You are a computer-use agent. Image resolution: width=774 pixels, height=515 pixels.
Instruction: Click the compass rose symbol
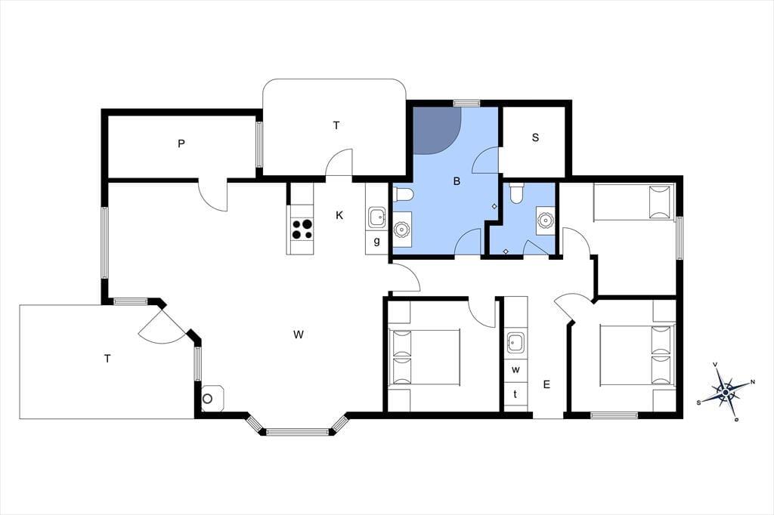(726, 392)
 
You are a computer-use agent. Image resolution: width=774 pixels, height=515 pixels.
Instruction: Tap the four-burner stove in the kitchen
(302, 230)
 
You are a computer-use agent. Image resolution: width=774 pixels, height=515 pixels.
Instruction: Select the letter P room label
(181, 144)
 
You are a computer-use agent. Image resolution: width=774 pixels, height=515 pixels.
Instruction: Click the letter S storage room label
(536, 137)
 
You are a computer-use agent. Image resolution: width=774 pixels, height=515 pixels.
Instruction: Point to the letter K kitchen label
(339, 215)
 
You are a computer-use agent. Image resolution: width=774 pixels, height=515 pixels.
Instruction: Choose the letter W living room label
(298, 335)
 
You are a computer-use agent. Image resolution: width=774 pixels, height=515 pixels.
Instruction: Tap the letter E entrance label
(546, 384)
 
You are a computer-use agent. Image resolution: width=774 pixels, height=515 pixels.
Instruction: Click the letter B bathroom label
(457, 181)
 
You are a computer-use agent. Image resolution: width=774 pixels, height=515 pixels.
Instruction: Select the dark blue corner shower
(436, 130)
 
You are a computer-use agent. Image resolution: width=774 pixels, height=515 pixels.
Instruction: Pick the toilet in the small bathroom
(516, 194)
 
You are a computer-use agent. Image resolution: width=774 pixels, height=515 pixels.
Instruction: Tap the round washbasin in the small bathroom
(545, 220)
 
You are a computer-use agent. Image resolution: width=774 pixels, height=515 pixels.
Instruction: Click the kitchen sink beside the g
(376, 217)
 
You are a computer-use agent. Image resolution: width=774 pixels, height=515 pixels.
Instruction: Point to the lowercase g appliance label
(376, 242)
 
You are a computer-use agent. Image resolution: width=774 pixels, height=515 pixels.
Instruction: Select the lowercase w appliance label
(515, 369)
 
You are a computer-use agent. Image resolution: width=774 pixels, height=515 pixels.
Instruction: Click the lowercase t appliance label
(515, 393)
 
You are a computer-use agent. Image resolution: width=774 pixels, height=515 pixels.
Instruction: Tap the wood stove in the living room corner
(212, 399)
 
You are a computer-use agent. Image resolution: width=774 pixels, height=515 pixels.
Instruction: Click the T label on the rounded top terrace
(336, 126)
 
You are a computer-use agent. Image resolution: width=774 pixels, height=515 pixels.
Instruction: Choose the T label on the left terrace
(107, 359)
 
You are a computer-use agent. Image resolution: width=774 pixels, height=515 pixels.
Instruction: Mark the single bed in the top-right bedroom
(633, 202)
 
